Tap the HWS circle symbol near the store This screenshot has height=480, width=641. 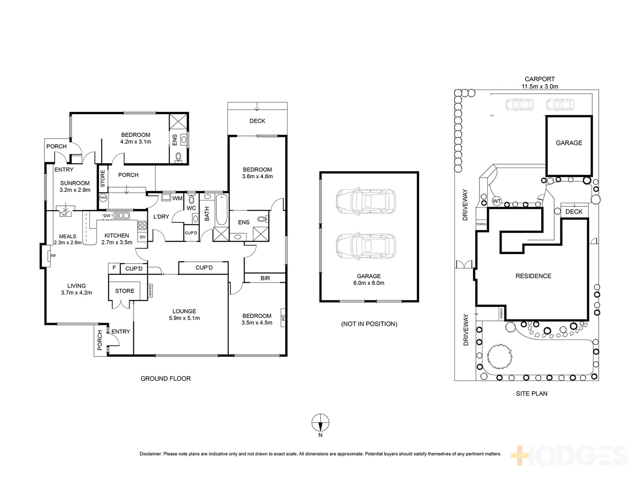click(103, 197)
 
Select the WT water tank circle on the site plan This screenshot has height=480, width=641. click(497, 201)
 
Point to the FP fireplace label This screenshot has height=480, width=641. click(53, 256)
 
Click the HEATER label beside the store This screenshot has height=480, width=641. click(150, 291)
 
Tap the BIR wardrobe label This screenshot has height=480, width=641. click(265, 278)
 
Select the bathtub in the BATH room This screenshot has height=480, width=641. click(221, 211)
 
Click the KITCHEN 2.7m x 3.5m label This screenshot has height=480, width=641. click(117, 239)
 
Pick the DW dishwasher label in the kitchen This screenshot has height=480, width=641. click(107, 216)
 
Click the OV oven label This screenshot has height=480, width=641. click(142, 237)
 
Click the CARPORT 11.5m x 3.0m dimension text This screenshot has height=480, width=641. click(540, 83)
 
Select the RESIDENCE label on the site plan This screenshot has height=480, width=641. click(533, 276)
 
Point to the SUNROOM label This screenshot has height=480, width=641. click(75, 186)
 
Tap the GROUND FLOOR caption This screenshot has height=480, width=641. click(166, 379)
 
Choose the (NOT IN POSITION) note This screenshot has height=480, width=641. click(369, 324)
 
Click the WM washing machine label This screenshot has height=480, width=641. click(177, 198)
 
